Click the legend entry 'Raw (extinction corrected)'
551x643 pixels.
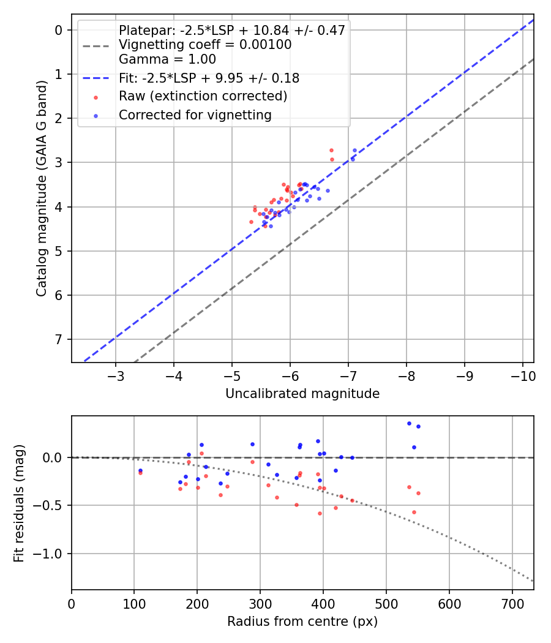pos(203,97)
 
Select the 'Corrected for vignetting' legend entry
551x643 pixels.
pos(195,115)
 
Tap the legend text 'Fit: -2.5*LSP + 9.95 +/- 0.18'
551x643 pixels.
pos(209,78)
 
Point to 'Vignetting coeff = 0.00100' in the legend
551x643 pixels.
pos(205,45)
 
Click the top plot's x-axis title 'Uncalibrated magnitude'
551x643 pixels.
pos(302,394)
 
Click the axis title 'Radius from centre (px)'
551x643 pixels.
pos(302,622)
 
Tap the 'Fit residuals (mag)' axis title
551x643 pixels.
pos(19,503)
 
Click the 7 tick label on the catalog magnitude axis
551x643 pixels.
pos(59,339)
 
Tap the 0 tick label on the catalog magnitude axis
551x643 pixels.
pos(59,30)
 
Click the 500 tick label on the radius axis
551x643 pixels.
pos(386,603)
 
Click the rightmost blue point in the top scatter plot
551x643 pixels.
pos(354,150)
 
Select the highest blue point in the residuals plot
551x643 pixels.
pos(409,423)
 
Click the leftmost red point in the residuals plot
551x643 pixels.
pos(140,473)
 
